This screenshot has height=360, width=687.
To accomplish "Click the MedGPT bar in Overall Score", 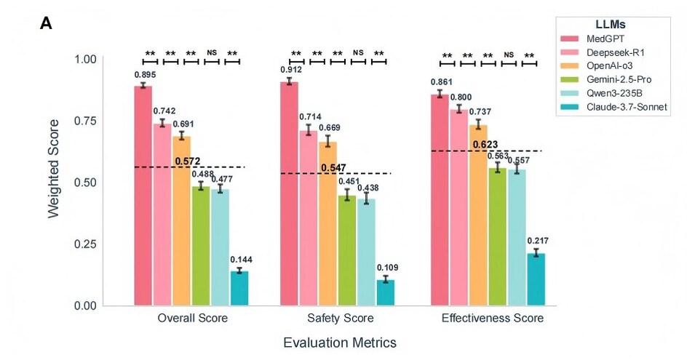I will coord(143,196).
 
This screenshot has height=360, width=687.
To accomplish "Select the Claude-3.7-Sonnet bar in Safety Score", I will coord(386,292).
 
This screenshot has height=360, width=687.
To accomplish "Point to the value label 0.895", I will coord(144,75).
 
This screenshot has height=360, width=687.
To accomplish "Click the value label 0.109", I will coord(386,268).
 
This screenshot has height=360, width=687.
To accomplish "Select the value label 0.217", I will coord(536,241).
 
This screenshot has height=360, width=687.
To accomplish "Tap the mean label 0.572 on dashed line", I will coord(187,160).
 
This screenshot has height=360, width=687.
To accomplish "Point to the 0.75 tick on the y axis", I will coord(84,121).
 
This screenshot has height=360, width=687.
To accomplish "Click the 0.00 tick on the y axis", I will coord(84,306).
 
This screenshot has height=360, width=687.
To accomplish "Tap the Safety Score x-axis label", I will coord(336,319).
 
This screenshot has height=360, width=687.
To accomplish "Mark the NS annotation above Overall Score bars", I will coord(212,52).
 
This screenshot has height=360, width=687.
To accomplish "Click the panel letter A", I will coord(47,24).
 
